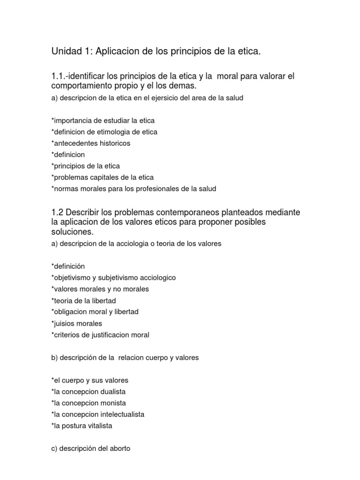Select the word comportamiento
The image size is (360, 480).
pos(80,86)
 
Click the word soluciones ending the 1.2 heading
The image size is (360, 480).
pos(73,232)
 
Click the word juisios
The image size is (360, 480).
pos(65,323)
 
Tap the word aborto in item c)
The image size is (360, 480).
pos(119,449)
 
